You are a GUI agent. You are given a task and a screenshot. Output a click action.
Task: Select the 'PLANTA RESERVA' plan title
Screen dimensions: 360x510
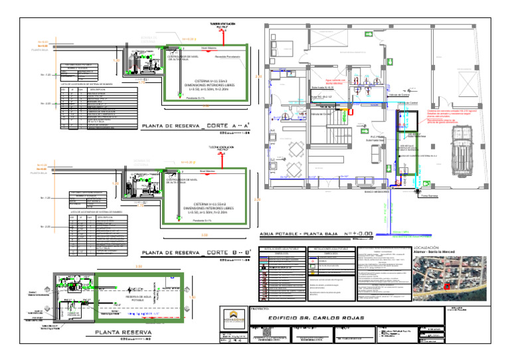[123, 332]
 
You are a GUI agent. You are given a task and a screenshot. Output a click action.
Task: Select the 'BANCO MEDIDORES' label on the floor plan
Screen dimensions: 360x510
[359, 192]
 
